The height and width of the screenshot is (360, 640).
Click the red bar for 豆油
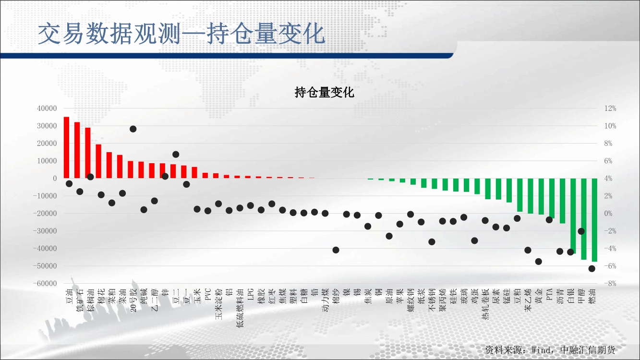(66, 147)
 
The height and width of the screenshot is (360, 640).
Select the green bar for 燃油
(594, 220)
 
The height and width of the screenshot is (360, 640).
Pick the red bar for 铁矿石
(77, 150)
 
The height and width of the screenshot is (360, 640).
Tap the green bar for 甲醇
(584, 219)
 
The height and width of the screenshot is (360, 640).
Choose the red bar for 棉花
(98, 161)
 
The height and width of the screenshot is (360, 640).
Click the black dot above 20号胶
(133, 129)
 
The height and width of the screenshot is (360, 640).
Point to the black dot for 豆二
(176, 154)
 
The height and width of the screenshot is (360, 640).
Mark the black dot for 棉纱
(336, 250)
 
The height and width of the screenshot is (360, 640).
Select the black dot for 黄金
(539, 262)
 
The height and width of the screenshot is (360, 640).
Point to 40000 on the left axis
(47, 108)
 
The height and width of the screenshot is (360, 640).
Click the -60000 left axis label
(45, 283)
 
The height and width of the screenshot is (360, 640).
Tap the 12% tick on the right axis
(610, 108)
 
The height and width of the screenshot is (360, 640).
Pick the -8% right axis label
(610, 283)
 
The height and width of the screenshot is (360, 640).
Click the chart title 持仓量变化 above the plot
(324, 92)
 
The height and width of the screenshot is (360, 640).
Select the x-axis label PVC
(208, 295)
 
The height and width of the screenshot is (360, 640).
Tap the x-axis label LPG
(251, 294)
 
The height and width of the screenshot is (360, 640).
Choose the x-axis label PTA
(549, 295)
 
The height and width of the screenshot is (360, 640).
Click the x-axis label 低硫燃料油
(240, 308)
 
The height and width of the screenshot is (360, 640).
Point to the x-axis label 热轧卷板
(485, 304)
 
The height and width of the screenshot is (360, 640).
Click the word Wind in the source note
(542, 350)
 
